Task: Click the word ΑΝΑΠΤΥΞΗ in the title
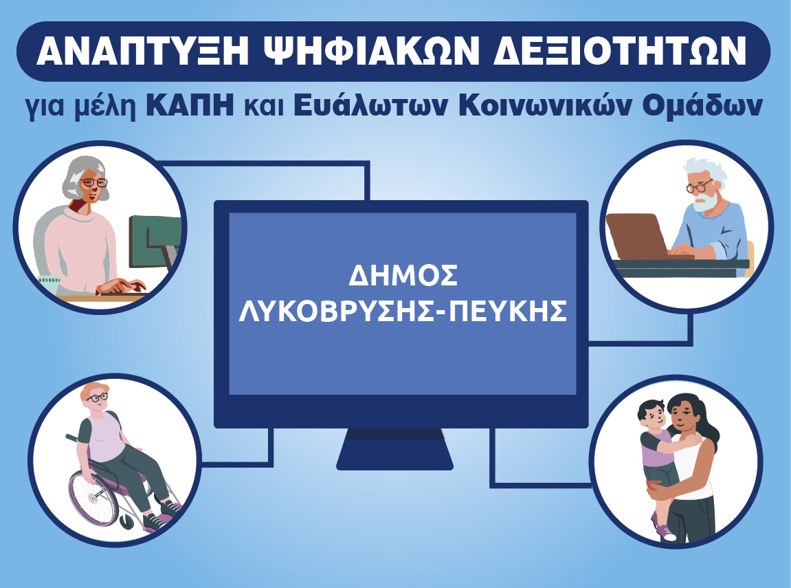142,51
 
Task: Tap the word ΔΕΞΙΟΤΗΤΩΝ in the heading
619,51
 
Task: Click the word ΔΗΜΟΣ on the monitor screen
403,276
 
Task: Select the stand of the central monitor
394,448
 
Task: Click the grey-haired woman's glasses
94,182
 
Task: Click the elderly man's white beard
709,200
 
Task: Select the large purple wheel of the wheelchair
94,498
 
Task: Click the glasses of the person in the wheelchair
98,398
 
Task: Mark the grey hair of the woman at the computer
80,174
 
